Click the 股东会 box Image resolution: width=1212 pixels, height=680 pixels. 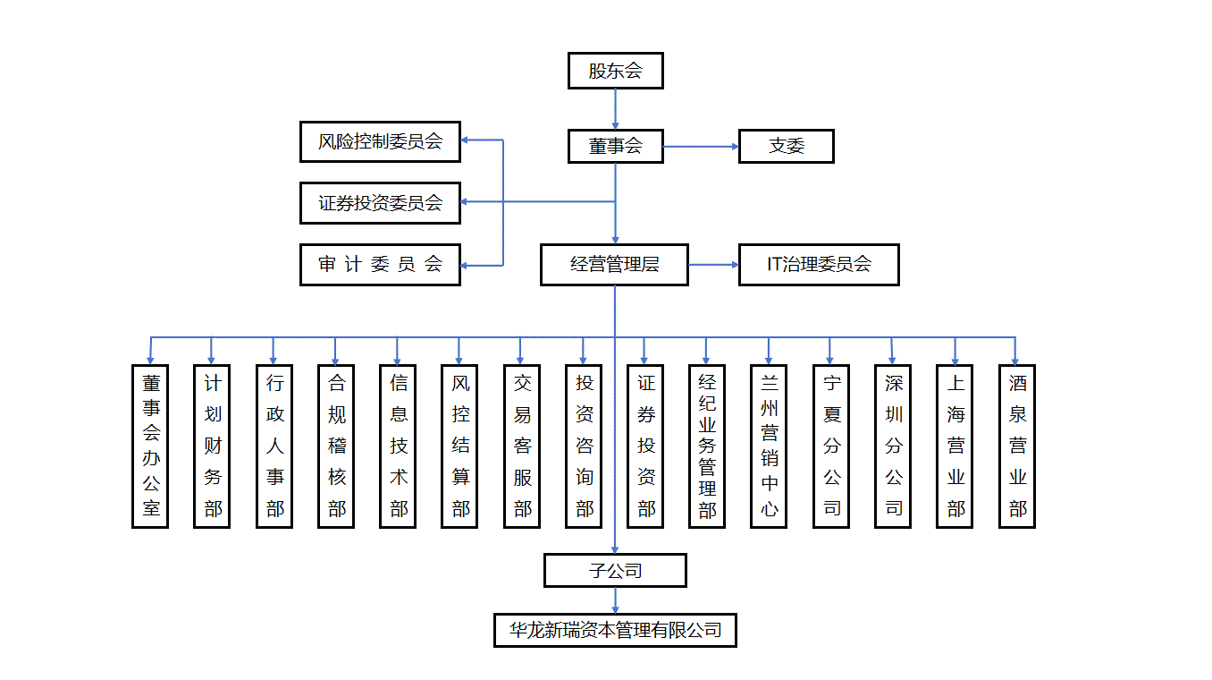tap(615, 71)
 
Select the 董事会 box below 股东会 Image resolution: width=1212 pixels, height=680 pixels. tap(615, 146)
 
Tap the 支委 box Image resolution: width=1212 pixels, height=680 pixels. tap(786, 146)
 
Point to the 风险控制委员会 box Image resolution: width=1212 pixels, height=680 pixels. tap(380, 141)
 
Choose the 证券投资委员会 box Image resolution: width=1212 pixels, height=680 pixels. tap(380, 203)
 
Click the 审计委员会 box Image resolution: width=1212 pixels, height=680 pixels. tap(380, 264)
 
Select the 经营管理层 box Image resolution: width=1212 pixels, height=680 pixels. tap(614, 265)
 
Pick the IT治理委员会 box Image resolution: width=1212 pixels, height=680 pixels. tap(818, 265)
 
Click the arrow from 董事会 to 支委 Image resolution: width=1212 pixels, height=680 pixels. tap(701, 146)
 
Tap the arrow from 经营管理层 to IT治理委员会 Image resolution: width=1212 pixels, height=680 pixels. tap(713, 265)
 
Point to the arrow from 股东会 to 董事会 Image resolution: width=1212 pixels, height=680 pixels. tap(615, 109)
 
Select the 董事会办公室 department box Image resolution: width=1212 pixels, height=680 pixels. tap(150, 446)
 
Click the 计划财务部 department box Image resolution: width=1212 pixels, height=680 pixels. tap(212, 446)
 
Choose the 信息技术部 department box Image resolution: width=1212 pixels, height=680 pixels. tap(398, 446)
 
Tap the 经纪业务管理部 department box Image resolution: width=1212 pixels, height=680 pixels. tap(707, 446)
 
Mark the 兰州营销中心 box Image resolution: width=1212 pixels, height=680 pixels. tap(769, 446)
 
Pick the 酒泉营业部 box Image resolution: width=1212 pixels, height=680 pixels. tap(1016, 446)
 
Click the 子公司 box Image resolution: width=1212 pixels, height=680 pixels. tap(615, 570)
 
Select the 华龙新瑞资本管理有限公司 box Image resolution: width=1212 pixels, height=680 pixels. tap(615, 630)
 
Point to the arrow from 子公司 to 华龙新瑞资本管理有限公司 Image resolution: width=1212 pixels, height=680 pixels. tap(615, 600)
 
